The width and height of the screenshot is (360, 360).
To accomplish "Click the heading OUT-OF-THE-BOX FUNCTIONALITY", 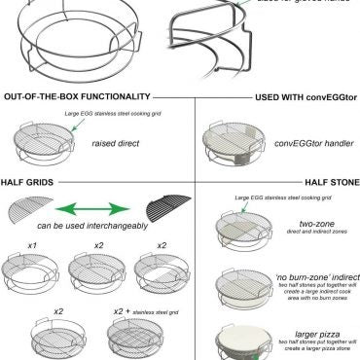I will click(77, 97).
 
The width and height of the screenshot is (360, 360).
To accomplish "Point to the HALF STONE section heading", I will click(324, 182).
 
